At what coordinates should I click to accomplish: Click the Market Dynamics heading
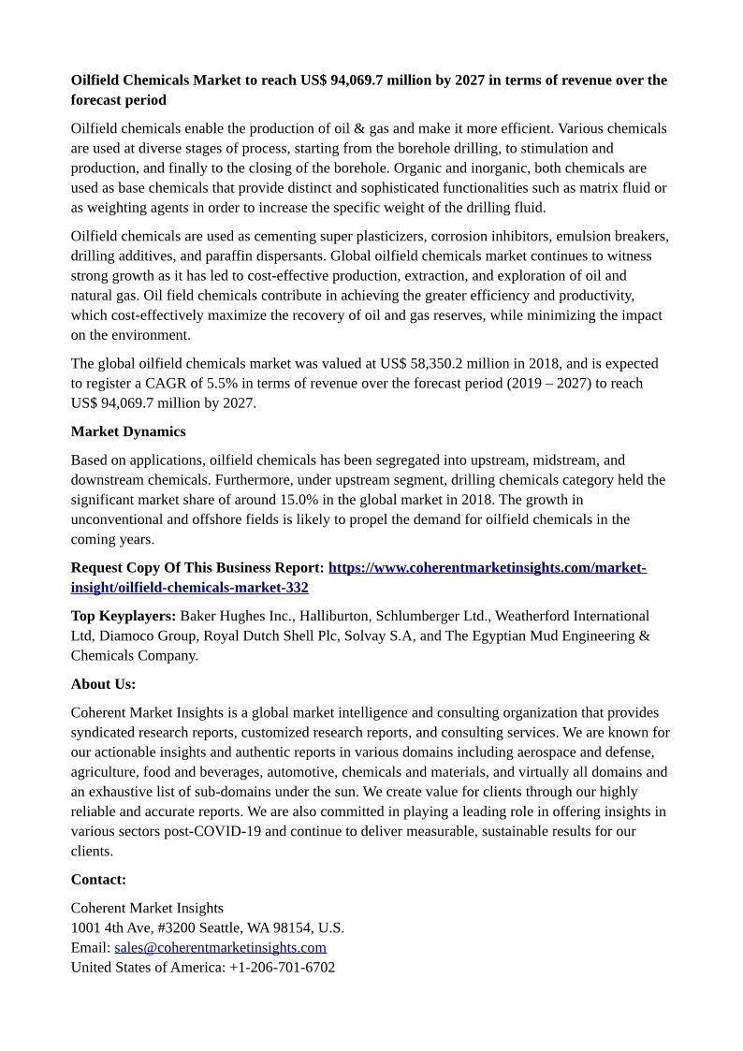128,431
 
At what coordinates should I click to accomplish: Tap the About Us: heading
103,684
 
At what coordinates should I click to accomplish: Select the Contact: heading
98,880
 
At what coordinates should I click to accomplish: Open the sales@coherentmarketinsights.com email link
220,947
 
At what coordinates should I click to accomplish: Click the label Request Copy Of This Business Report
197,568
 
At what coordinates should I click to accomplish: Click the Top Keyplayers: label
124,616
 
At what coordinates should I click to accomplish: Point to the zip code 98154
291,927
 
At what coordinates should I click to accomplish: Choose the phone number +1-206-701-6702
282,967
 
